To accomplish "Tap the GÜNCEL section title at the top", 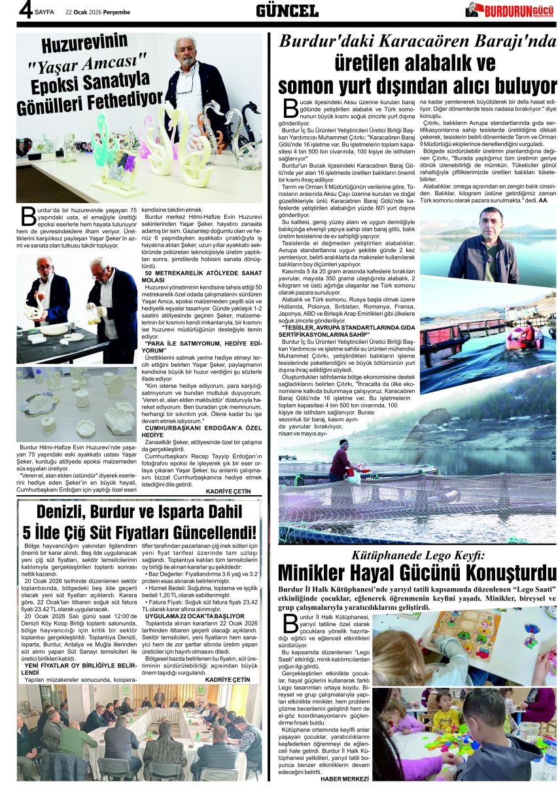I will click(287, 10).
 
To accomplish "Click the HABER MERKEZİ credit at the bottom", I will click(345, 778).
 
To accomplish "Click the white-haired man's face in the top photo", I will click(185, 48).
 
